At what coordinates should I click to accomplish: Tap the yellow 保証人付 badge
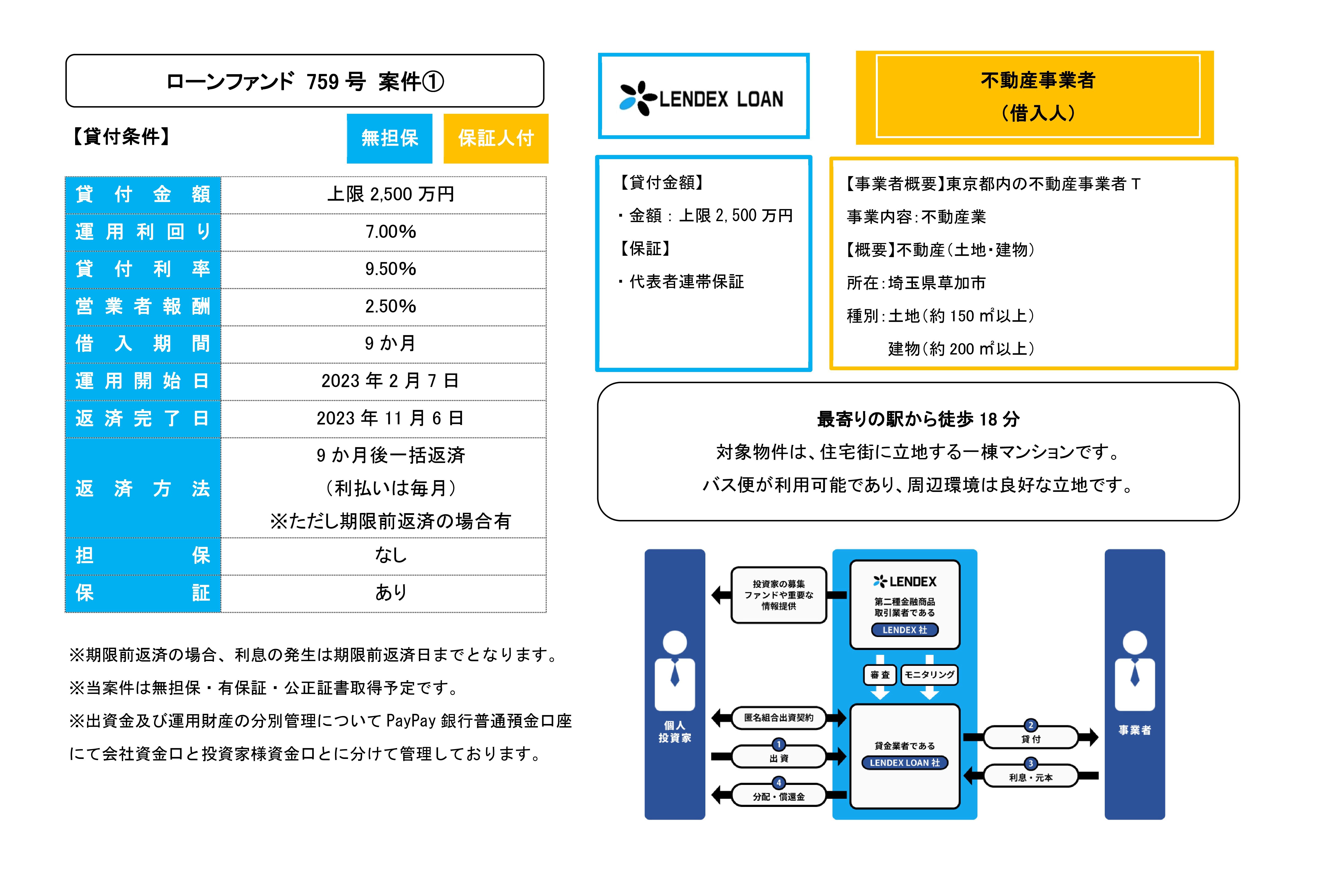tap(496, 138)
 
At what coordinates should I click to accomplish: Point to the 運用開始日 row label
tap(142, 381)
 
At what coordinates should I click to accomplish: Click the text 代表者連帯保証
tap(686, 282)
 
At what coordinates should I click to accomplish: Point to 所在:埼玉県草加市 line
tap(916, 283)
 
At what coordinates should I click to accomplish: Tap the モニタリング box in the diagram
tap(929, 674)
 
